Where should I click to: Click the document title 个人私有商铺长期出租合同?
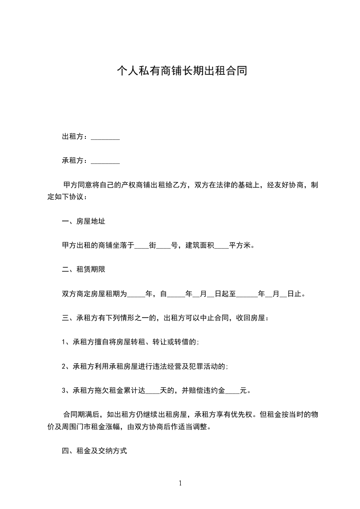(x=182, y=71)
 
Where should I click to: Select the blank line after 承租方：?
(x=105, y=162)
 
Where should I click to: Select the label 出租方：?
(x=76, y=137)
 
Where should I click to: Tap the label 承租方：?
(x=76, y=161)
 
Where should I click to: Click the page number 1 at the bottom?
(x=180, y=483)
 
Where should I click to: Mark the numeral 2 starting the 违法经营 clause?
(x=64, y=367)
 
